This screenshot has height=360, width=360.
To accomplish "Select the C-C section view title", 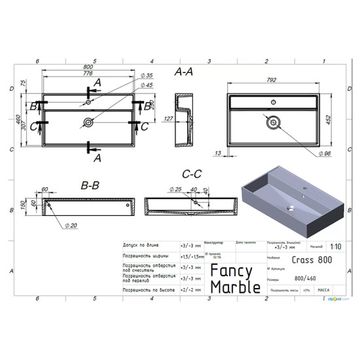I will [x=191, y=175].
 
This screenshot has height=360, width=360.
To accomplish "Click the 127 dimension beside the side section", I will [x=168, y=118].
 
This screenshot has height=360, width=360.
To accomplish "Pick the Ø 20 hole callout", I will [x=71, y=225].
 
